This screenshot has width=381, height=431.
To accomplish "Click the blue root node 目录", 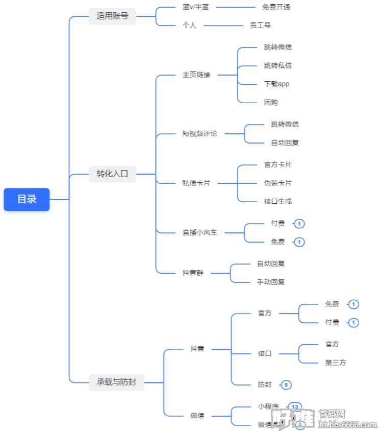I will [27, 199].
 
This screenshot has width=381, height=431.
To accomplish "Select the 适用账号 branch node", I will [112, 16].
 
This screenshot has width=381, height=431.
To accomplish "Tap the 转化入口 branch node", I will [112, 174].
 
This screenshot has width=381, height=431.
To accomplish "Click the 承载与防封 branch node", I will [116, 382].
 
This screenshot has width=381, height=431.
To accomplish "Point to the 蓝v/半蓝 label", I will [196, 7].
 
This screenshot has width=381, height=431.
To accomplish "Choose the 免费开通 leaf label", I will [276, 7].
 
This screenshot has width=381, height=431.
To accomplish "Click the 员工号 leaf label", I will [260, 25].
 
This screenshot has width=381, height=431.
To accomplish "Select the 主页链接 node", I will [196, 75].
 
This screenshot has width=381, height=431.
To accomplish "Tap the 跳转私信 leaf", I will [278, 65].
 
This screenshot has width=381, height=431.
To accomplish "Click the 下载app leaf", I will [277, 84].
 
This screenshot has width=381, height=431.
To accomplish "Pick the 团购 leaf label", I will [271, 102].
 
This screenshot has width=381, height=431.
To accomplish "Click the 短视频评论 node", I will [200, 133].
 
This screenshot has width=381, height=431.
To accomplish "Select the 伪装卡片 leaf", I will [278, 183].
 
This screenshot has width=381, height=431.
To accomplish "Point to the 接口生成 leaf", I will [278, 201].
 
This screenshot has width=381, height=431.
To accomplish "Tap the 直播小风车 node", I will [200, 232].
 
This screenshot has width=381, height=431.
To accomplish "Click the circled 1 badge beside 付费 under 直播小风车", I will [299, 224].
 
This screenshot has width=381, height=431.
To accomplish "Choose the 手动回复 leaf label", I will [271, 282].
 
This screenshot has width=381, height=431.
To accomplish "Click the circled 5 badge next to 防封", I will [286, 385].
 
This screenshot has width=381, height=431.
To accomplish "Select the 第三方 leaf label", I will [336, 363].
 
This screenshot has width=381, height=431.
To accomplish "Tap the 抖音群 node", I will [193, 273].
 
